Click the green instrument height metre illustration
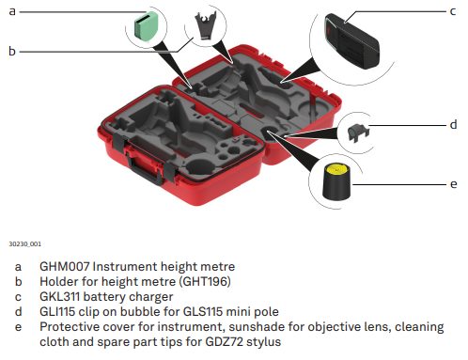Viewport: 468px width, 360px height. click(x=147, y=25)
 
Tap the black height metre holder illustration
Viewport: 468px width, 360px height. click(x=205, y=25)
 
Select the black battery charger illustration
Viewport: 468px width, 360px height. click(x=352, y=40)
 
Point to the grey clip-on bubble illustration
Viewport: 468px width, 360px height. click(x=358, y=133)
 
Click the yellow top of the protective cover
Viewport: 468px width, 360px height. click(x=336, y=169)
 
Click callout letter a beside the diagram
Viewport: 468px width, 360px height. click(x=12, y=11)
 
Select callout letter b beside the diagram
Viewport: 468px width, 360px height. click(x=12, y=51)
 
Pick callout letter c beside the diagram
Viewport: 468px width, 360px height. click(x=453, y=11)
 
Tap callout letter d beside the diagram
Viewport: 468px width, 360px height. click(x=453, y=124)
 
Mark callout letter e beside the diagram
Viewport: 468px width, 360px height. click(x=453, y=184)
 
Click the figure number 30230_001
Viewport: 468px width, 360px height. click(x=24, y=243)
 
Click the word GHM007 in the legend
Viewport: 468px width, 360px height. click(x=65, y=267)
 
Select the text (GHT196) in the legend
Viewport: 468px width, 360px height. click(x=205, y=281)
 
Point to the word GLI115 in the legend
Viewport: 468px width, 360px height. click(x=57, y=311)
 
